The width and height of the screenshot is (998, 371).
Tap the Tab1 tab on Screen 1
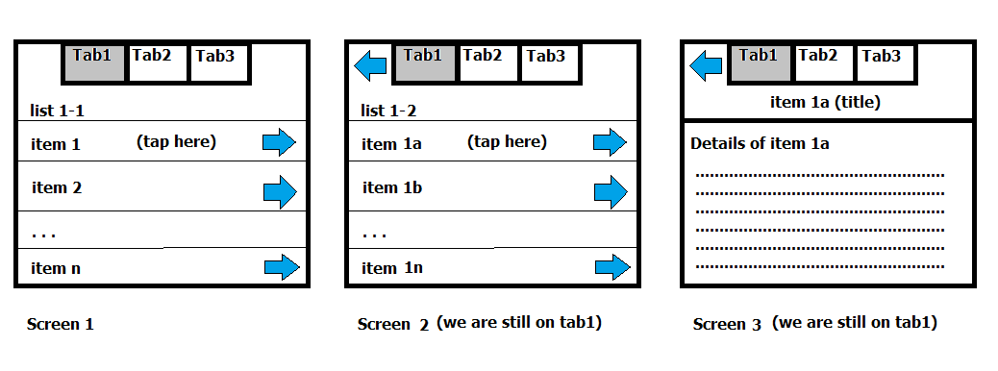(95, 62)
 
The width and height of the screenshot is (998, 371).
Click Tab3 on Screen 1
(218, 62)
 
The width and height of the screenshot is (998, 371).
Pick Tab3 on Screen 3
(883, 62)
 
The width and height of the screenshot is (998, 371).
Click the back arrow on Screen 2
(370, 66)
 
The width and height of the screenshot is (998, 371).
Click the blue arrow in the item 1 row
(279, 143)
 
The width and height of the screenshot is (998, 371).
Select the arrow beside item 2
(280, 191)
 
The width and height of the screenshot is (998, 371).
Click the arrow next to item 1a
(610, 143)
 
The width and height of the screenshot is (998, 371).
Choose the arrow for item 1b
(610, 191)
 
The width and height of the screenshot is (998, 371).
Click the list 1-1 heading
(57, 111)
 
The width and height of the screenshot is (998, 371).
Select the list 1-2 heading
(388, 111)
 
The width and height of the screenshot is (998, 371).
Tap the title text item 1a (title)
(825, 102)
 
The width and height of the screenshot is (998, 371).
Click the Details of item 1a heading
(760, 144)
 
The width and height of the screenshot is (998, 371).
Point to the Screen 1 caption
(60, 324)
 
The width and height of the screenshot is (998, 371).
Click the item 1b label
(392, 187)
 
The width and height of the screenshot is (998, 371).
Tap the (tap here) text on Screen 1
(176, 142)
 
